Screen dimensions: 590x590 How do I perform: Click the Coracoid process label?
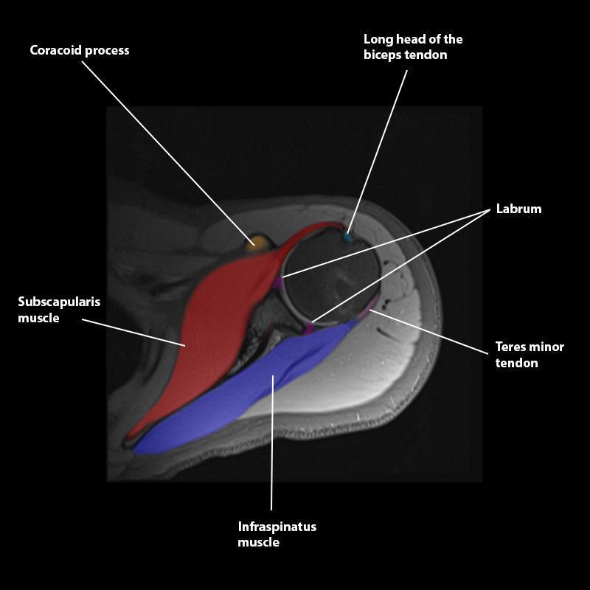pyautogui.click(x=79, y=50)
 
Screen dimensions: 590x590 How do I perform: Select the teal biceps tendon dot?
pyautogui.click(x=348, y=237)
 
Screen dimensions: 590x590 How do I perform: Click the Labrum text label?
pyautogui.click(x=518, y=209)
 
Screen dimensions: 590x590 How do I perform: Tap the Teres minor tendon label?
pyautogui.click(x=529, y=355)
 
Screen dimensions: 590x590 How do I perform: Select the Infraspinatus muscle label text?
pyautogui.click(x=277, y=535)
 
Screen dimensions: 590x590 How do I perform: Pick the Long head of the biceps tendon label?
pyautogui.click(x=413, y=46)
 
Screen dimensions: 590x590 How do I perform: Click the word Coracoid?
pyautogui.click(x=54, y=50)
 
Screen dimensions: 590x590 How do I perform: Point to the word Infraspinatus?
pyautogui.click(x=277, y=527)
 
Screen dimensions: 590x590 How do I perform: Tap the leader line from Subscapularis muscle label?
pyautogui.click(x=133, y=333)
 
